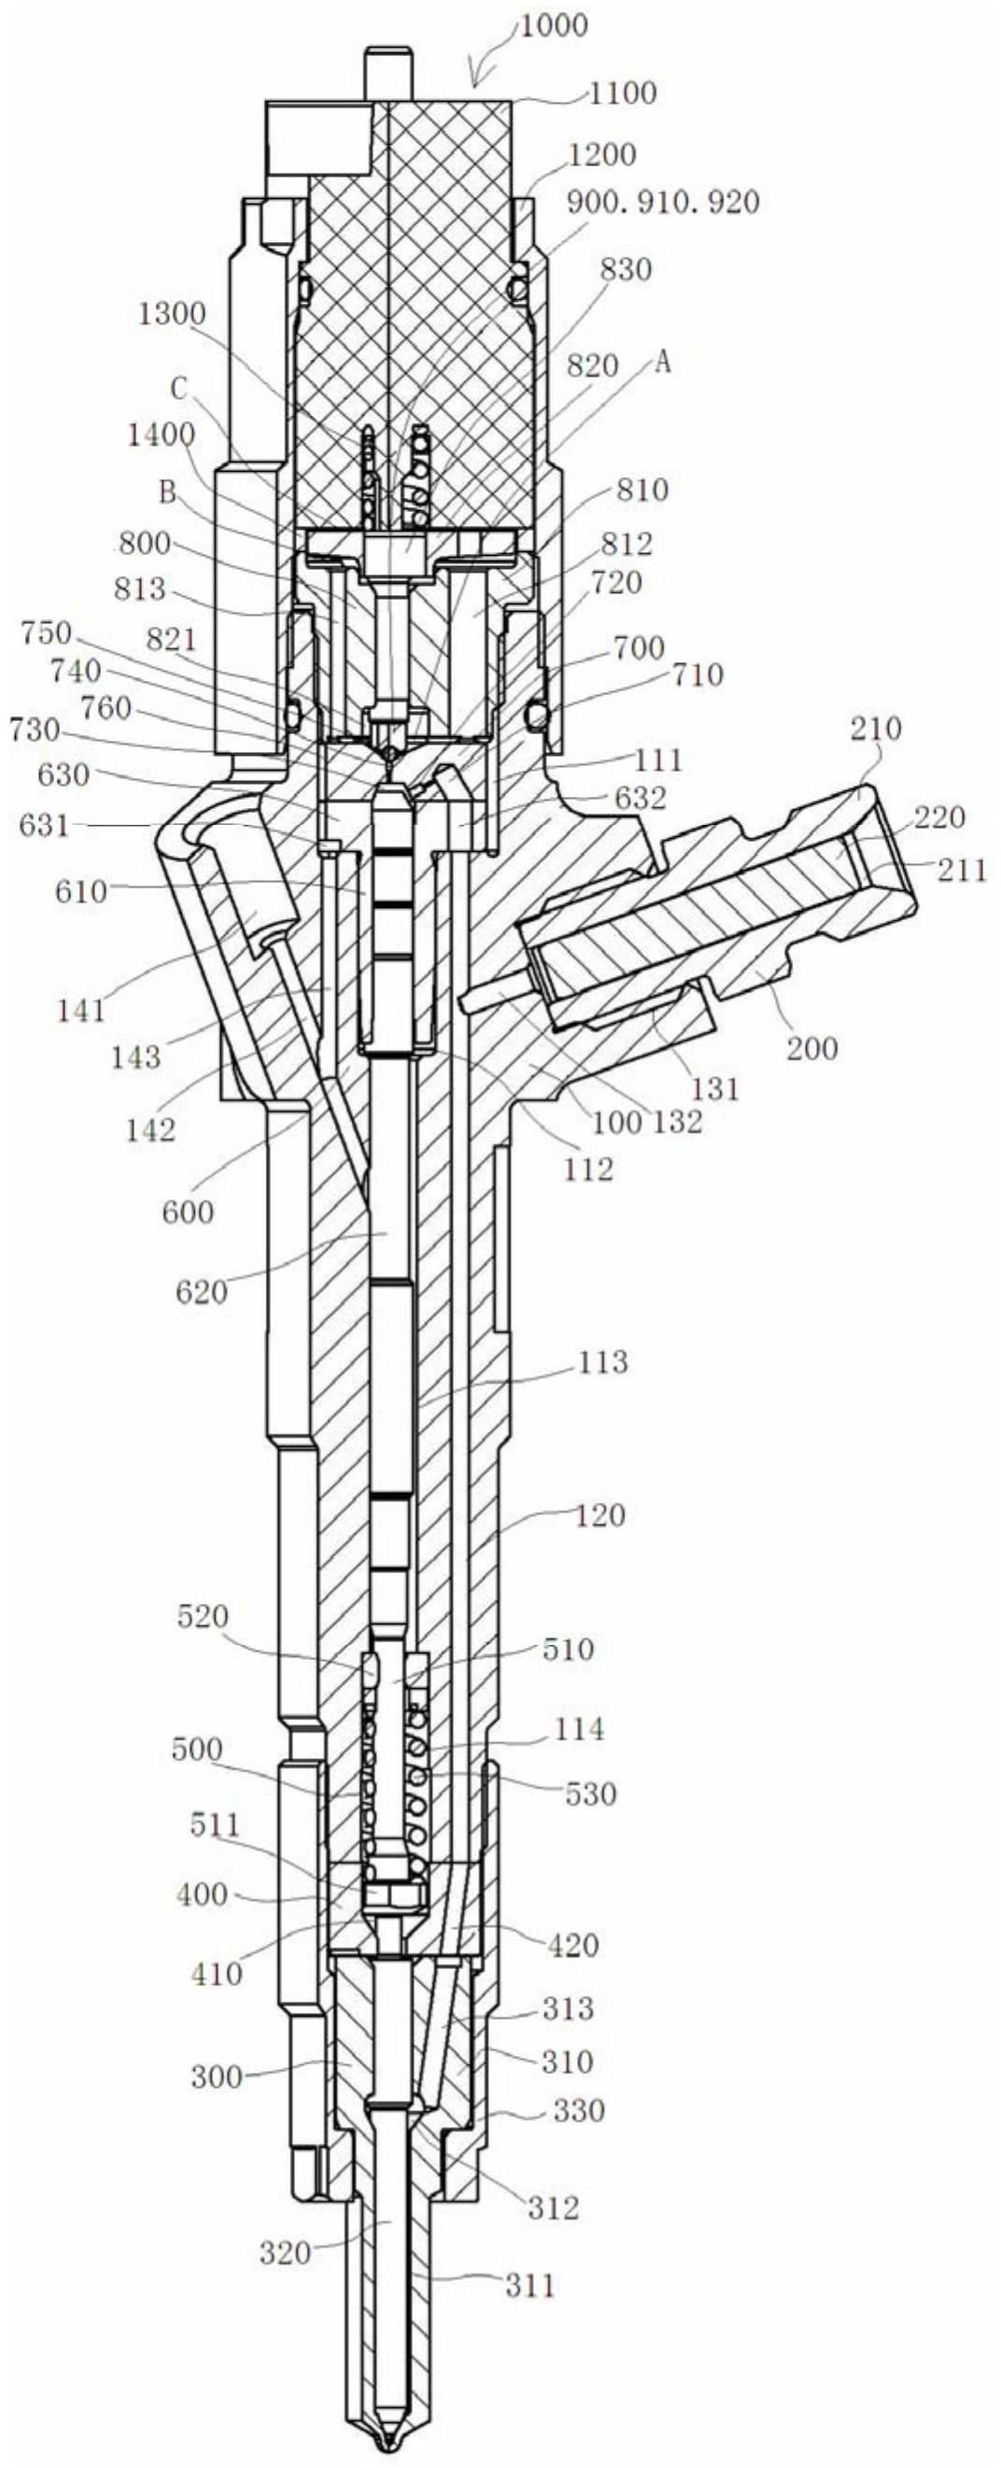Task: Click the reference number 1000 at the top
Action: pyautogui.click(x=553, y=25)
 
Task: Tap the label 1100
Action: pyautogui.click(x=623, y=92)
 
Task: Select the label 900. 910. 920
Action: pyautogui.click(x=664, y=202)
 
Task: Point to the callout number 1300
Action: pyautogui.click(x=173, y=314)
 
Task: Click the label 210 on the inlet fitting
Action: pyautogui.click(x=876, y=730)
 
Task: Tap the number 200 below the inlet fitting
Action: pyautogui.click(x=812, y=1047)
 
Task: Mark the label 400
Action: pyautogui.click(x=203, y=1895)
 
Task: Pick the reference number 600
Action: pyautogui.click(x=188, y=1213)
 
